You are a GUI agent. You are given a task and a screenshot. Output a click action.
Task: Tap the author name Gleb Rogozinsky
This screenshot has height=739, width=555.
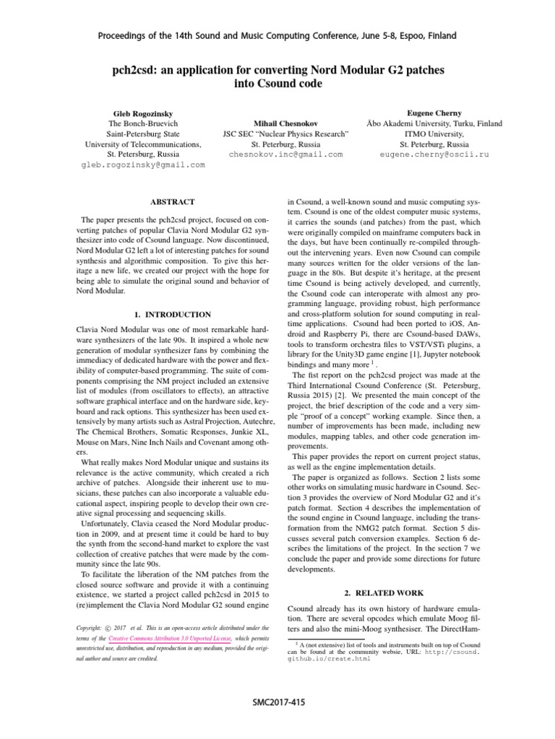pyautogui.click(x=143, y=114)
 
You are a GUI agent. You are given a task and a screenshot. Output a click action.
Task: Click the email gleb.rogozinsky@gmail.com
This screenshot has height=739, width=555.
pyautogui.click(x=143, y=165)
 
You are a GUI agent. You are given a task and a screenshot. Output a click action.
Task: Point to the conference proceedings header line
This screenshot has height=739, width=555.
pyautogui.click(x=277, y=35)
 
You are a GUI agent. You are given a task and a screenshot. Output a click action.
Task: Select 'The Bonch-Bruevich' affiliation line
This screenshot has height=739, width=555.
pyautogui.click(x=143, y=124)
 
